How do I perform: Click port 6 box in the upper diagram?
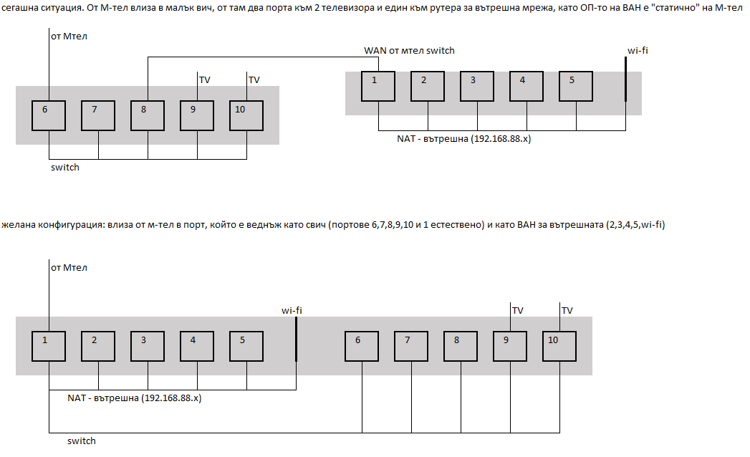[49, 115]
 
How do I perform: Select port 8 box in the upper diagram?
[148, 115]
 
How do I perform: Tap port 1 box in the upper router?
[378, 86]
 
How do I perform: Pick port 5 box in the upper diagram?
[576, 86]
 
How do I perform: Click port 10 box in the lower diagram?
[559, 346]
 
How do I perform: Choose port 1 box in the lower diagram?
[49, 346]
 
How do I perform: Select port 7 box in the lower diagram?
[411, 346]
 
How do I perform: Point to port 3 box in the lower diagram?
[148, 346]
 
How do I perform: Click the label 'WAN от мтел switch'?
[409, 51]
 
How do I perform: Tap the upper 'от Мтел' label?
[69, 37]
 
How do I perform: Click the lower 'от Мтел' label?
[69, 268]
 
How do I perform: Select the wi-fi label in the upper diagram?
[638, 51]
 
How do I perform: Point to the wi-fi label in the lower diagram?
[292, 311]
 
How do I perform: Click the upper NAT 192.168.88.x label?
[464, 139]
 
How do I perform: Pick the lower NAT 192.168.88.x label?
[135, 398]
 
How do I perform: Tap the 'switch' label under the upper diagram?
[65, 168]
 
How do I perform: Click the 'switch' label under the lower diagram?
[82, 441]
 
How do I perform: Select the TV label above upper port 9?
[205, 80]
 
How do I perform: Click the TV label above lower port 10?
[567, 311]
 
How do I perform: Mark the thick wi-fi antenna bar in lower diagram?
[296, 340]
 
